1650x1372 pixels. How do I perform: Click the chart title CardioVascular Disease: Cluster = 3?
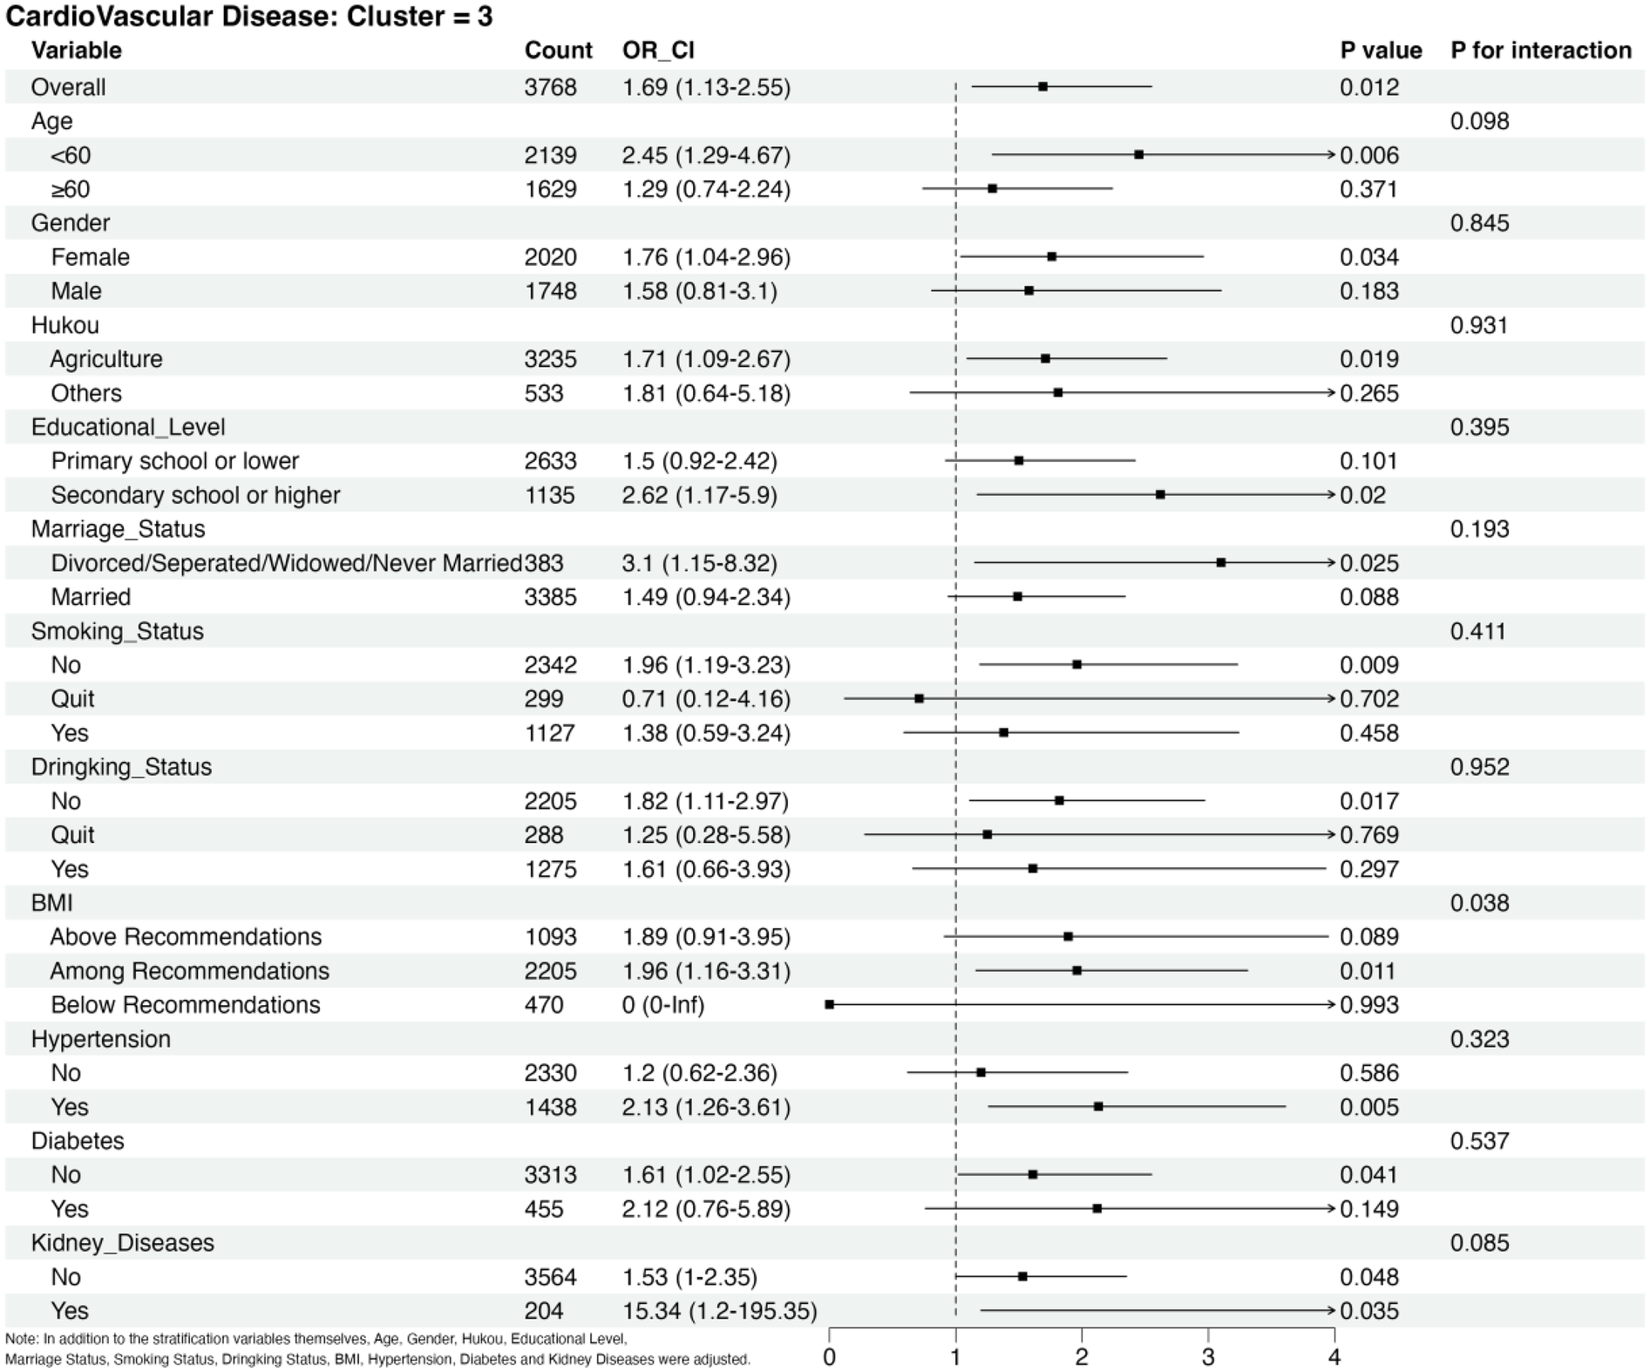coord(248,17)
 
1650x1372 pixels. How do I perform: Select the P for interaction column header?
coord(1540,51)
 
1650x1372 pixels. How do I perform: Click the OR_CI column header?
coord(658,51)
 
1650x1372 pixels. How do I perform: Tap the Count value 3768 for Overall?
coord(550,87)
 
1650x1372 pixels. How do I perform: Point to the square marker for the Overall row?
coord(1042,86)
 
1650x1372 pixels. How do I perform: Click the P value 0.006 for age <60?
coord(1369,155)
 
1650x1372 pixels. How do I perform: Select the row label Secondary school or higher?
coord(195,495)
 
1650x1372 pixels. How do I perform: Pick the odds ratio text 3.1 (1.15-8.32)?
coord(699,563)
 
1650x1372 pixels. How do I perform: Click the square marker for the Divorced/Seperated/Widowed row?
coord(1220,563)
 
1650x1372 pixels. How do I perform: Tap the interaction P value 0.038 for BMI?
coord(1479,903)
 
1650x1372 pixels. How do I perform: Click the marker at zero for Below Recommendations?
coord(830,1005)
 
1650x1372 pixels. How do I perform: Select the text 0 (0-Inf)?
coord(663,1005)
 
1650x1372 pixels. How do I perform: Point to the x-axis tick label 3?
coord(1208,1357)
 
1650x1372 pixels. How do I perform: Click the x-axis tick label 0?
coord(830,1357)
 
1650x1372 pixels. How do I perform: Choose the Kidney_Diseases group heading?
coord(122,1243)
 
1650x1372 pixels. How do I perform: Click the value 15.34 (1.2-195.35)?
coord(719,1311)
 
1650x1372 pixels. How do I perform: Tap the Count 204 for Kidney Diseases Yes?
coord(544,1311)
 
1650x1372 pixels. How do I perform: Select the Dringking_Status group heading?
coord(121,767)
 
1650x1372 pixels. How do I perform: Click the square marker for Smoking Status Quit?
coord(919,699)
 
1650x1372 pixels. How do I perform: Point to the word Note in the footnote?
coord(21,1339)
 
